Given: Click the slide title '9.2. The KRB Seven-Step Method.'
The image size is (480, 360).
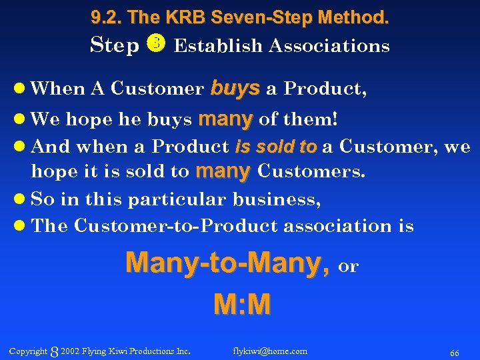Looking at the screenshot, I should coord(240,18).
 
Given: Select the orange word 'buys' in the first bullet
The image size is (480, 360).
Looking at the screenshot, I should coord(235,89).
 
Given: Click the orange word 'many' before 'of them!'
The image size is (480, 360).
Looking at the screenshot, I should coord(225,120).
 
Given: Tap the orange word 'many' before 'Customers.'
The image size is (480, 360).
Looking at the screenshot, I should coord(223,171).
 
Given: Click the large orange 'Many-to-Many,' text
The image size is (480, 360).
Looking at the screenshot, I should coord(228,263).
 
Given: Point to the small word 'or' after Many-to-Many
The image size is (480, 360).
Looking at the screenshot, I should coord(349,267).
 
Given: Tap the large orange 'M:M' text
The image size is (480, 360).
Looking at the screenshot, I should coord(241,304).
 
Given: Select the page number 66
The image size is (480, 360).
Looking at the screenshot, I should coord(455,353).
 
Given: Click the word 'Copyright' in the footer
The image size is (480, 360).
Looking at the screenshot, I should coord(28,351).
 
